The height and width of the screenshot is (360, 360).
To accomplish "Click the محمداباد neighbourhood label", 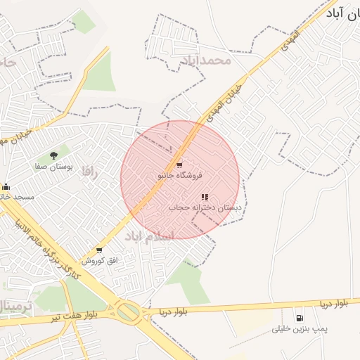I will click(x=205, y=60).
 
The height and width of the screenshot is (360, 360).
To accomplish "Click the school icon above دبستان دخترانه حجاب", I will click(x=204, y=198).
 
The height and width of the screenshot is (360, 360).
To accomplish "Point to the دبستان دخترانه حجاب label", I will click(x=205, y=208).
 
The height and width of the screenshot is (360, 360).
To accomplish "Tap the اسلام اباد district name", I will click(x=148, y=236).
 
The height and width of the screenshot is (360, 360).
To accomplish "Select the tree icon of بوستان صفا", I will click(x=53, y=155).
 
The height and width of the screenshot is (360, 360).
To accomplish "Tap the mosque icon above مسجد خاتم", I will click(x=6, y=186).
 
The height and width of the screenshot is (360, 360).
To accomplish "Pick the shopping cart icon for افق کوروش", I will click(x=98, y=250).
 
